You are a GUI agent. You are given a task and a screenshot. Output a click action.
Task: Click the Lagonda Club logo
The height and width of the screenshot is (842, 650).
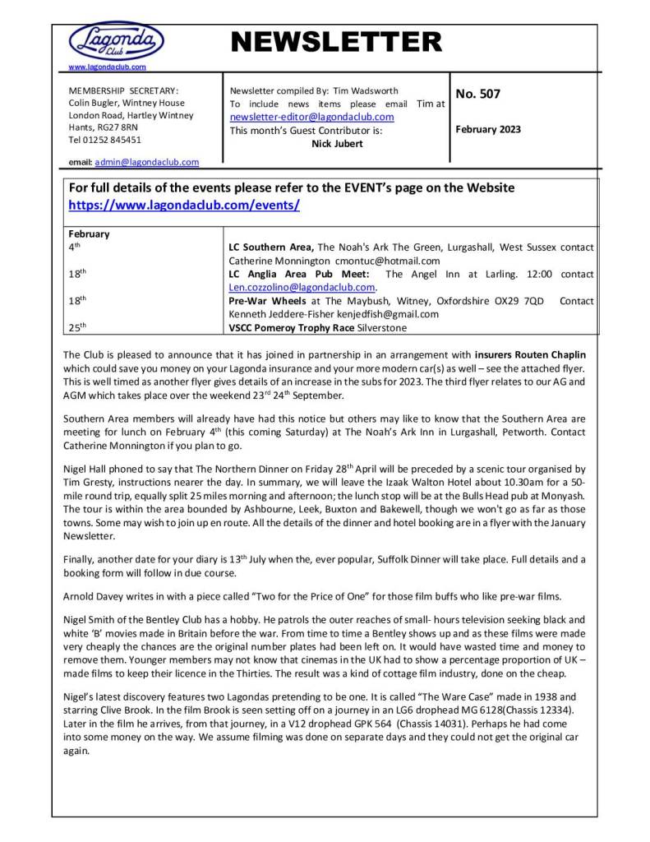(115, 40)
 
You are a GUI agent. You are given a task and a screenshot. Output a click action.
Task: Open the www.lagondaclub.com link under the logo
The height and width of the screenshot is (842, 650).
(107, 67)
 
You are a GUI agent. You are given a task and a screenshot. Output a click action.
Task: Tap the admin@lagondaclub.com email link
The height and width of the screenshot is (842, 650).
(146, 162)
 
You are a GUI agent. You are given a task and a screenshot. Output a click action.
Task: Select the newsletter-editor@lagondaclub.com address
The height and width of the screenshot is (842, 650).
(311, 117)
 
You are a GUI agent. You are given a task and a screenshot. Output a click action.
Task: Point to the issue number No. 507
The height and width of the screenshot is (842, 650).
(477, 94)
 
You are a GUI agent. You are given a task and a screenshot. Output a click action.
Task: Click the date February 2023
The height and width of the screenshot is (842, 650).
(488, 129)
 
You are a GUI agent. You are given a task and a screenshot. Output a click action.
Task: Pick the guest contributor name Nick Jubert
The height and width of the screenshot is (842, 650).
(337, 143)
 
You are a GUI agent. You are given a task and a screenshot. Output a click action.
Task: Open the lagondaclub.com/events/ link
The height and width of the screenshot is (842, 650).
(183, 205)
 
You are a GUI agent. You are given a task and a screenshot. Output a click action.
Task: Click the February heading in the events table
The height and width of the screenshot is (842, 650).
(89, 234)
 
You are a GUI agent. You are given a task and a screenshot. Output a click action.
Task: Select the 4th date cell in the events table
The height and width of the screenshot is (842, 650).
(75, 247)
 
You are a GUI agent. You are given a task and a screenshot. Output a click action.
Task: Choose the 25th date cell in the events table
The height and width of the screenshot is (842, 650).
(76, 327)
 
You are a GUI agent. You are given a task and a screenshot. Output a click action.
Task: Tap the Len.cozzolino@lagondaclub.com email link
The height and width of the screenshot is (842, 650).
(302, 288)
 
